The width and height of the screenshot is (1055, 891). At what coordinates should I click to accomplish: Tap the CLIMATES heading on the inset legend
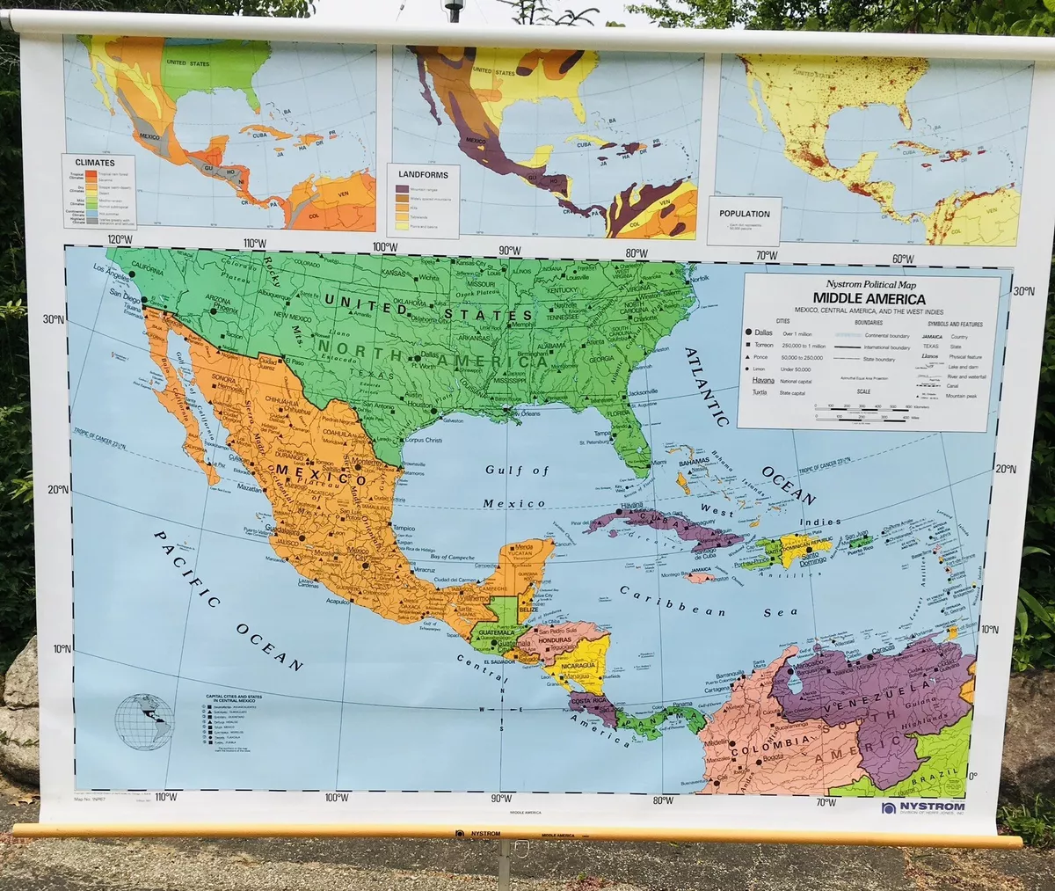point(94,163)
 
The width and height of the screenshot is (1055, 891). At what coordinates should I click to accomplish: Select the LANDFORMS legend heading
point(423,174)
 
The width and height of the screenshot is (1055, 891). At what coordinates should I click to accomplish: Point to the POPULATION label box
point(744,213)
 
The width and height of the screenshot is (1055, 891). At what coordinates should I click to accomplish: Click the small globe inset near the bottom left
point(144,721)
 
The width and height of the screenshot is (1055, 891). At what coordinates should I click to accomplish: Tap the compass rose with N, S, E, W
point(501,710)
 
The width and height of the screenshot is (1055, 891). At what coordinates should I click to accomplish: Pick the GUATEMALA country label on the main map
point(496,632)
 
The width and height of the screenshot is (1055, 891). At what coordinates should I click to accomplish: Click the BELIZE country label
point(527,609)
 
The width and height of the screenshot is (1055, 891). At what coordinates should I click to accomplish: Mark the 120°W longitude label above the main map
point(120,239)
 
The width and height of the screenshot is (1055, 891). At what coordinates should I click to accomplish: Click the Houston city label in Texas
point(419,405)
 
